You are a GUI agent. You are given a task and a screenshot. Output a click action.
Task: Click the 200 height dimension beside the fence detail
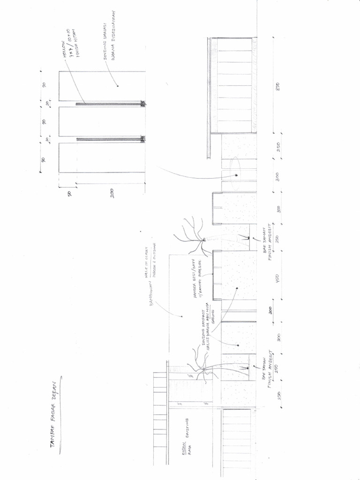(x=112, y=193)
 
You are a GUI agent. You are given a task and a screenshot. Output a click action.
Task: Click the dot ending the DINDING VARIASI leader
(x=118, y=86)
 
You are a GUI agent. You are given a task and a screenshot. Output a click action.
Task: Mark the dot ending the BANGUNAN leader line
(x=182, y=316)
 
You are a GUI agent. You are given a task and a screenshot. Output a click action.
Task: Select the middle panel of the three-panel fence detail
(x=101, y=121)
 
